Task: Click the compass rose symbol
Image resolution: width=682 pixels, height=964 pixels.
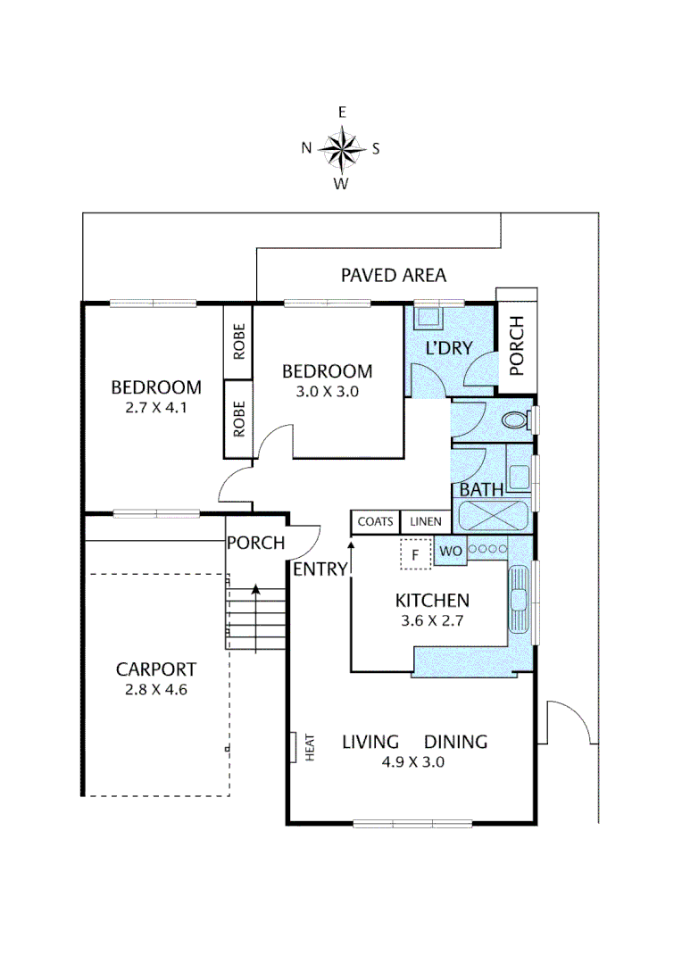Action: pos(341,149)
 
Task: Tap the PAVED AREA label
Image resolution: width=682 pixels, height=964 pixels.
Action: pos(393,275)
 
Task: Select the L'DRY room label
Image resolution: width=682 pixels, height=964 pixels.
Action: pos(447,348)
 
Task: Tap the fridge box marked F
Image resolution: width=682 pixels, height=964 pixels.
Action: pos(414,554)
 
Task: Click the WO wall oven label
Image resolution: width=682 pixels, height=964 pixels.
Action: pos(450,552)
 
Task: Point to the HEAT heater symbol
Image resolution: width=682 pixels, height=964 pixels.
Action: pos(295,747)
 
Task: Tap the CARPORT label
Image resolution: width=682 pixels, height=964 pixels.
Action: pos(156,669)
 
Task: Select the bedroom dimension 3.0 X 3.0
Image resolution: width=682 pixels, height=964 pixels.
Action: pos(327,391)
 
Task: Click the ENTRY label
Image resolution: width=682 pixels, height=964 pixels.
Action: pos(320,569)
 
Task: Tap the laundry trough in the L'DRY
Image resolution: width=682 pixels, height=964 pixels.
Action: pos(430,317)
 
